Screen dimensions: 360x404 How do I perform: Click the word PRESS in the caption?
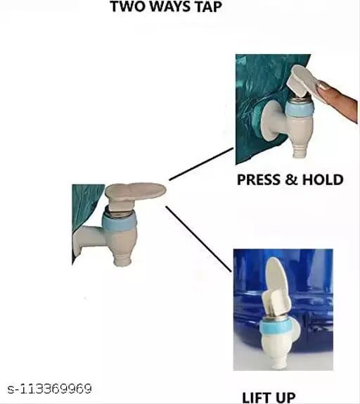point(259,179)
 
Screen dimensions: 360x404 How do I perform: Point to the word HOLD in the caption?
point(323,179)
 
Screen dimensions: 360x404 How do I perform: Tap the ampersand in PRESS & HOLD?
point(292,179)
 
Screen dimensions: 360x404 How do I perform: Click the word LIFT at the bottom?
point(256,397)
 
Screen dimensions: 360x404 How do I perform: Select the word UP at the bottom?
point(285,397)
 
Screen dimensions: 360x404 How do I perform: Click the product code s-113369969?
point(49,389)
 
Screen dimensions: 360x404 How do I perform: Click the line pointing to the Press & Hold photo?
point(201,164)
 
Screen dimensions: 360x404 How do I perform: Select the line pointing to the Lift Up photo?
point(198,239)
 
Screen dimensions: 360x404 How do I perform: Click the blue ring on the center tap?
point(119,222)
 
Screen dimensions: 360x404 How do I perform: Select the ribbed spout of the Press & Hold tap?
point(300,150)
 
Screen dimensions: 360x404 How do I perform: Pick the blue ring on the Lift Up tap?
point(275,327)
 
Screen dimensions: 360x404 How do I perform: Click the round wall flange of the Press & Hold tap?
point(270,121)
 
